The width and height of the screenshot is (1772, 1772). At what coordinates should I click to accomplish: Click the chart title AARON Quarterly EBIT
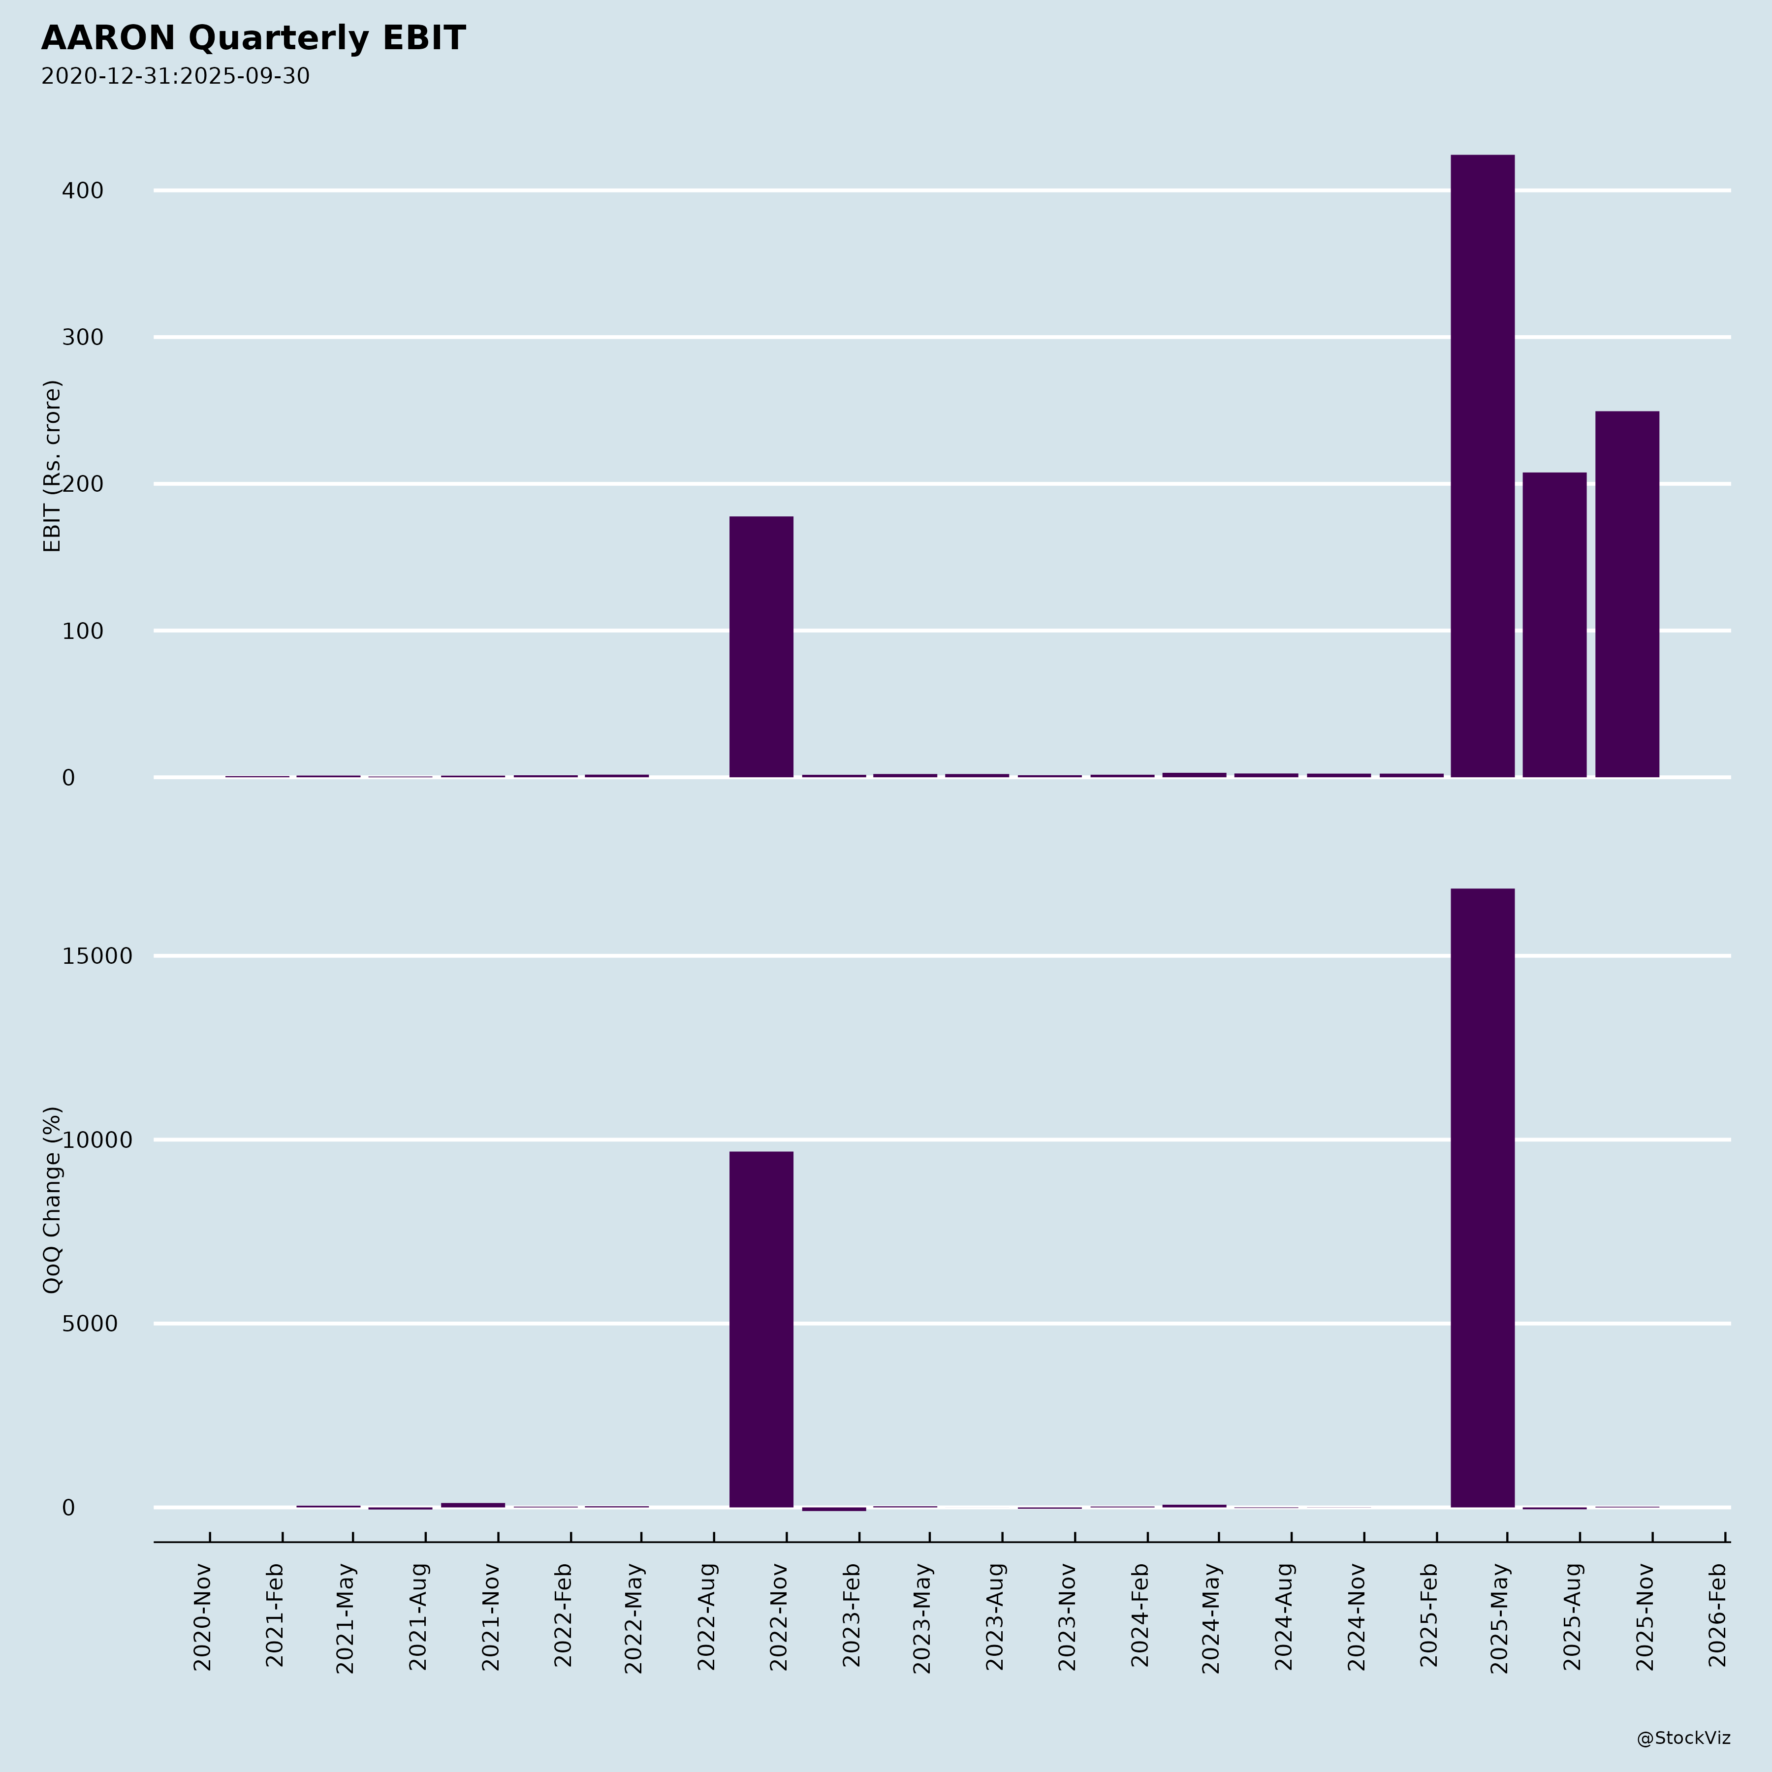coord(253,38)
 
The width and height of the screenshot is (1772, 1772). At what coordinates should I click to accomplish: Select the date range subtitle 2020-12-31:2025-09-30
coord(175,76)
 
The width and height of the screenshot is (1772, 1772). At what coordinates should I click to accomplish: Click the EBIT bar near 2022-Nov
coord(761,647)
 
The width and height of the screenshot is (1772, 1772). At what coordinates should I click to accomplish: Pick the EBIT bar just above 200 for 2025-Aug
coord(1554,625)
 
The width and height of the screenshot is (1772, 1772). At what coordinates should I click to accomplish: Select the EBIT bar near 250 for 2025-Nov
coord(1627,594)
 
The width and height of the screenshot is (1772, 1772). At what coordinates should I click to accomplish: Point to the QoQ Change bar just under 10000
coord(761,1329)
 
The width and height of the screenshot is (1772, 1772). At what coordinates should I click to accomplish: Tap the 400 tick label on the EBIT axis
coord(83,191)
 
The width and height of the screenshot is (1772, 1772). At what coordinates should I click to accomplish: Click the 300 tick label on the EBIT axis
coord(83,338)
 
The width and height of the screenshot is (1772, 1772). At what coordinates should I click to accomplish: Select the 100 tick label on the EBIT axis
coord(83,631)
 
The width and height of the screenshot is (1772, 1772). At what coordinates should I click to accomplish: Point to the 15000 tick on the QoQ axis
coord(97,956)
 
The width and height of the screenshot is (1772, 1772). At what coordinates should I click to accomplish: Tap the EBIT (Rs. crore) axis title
coord(52,466)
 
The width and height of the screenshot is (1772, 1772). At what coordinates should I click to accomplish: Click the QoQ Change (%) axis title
coord(52,1200)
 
